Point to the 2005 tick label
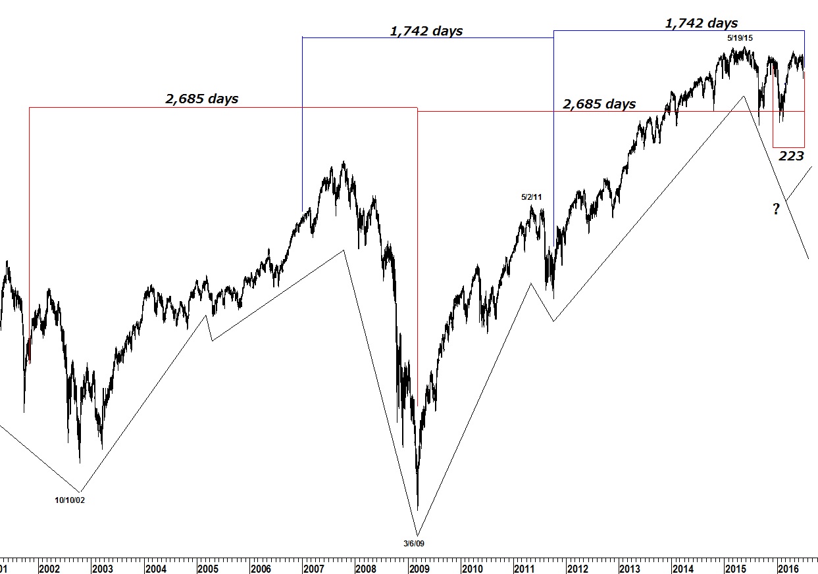pyautogui.click(x=208, y=568)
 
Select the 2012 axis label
pyautogui.click(x=577, y=568)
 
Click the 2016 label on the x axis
pyautogui.click(x=787, y=568)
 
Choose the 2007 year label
pyautogui.click(x=313, y=568)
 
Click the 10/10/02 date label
pyautogui.click(x=70, y=500)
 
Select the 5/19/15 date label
pyautogui.click(x=740, y=38)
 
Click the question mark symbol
pyautogui.click(x=777, y=210)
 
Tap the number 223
pyautogui.click(x=791, y=156)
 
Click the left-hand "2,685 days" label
pyautogui.click(x=201, y=99)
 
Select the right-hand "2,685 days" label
pyautogui.click(x=599, y=104)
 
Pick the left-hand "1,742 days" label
pyautogui.click(x=426, y=31)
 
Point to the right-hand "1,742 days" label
pyautogui.click(x=701, y=24)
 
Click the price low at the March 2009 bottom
pyautogui.click(x=418, y=508)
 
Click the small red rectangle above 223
pyautogui.click(x=788, y=129)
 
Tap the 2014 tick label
pyautogui.click(x=682, y=568)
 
